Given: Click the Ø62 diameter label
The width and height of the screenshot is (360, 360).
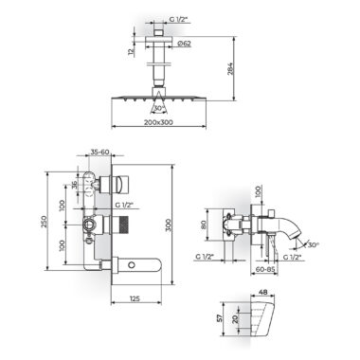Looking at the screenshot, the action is pos(185,44).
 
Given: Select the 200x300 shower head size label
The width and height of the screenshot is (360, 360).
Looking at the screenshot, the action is pos(158,122).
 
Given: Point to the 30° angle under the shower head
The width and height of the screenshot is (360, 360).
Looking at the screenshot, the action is pos(158,108).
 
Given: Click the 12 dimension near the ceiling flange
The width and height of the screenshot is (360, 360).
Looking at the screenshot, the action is pos(132,51).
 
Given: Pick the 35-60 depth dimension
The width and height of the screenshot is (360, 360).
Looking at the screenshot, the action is pos(99,152).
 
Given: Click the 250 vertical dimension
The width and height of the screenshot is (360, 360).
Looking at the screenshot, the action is pos(44,221).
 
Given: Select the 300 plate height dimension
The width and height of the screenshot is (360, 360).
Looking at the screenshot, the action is pos(168,225).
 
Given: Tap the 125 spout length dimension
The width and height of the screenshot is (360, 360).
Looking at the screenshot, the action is pos(135,298).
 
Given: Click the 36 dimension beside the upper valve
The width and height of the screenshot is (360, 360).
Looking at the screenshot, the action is pos(75,185).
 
